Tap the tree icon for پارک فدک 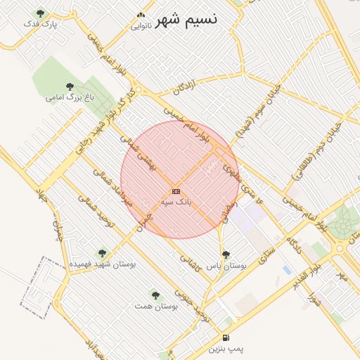39,13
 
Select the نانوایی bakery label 141,26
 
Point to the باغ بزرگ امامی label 70,97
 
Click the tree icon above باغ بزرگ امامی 70,86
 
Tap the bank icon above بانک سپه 176,191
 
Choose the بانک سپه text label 176,202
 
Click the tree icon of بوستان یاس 225,255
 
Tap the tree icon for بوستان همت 155,295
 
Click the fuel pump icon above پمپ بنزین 225,337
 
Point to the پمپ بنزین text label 226,348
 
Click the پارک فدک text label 39,24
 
